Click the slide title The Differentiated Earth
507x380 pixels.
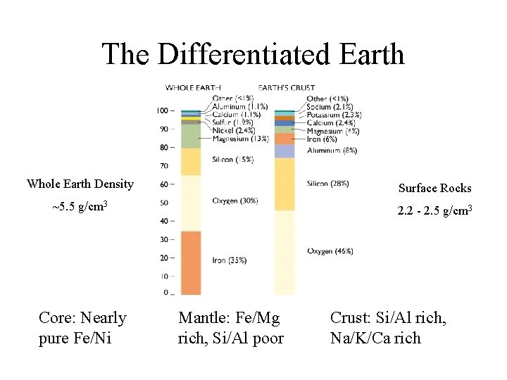coord(253,54)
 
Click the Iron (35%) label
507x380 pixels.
coord(229,260)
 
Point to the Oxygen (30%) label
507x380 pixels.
coord(235,201)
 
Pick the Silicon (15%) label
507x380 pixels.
coord(232,160)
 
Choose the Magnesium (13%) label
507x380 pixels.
coord(239,139)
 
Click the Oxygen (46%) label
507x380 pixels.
coord(330,251)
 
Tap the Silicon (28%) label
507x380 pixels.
coord(327,184)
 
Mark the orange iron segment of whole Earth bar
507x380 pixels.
coord(191,262)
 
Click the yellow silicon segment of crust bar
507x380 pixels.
coord(284,184)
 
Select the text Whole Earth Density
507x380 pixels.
coord(80,184)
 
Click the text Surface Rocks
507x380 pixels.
coord(434,188)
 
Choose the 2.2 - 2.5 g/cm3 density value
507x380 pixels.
coord(434,211)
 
